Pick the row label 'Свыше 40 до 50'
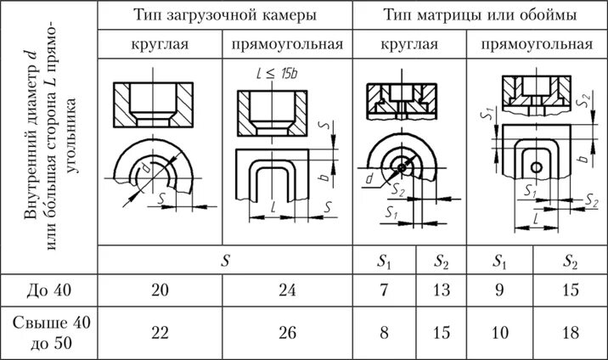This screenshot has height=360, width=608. pos(49,332)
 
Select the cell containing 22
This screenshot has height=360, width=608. pos(160,332)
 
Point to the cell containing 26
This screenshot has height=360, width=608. pos(287,332)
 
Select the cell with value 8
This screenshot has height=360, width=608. pos(385,332)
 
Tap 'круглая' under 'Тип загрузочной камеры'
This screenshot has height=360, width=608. pos(160,44)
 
